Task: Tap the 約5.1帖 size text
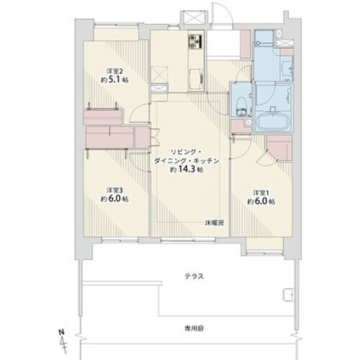coord(114,79)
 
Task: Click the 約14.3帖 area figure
coord(186,170)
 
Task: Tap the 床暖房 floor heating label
coord(214,223)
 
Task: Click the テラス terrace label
coord(194,276)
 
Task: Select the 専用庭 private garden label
coord(194,328)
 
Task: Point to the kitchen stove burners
coord(196,41)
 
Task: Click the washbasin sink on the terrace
coord(289,294)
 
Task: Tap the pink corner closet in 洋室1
coord(280,148)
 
